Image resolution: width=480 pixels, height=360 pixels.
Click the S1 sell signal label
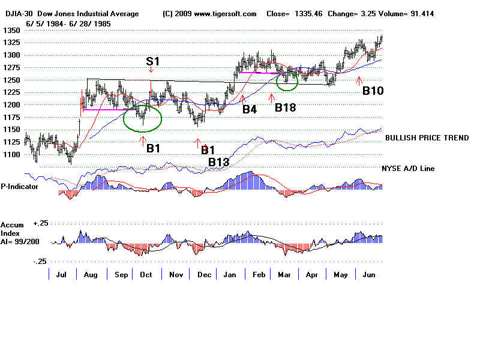pos(154,61)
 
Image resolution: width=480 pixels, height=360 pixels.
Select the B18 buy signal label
pos(286,107)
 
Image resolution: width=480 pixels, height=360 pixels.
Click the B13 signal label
pos(218,162)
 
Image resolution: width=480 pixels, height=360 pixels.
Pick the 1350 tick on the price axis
pos(10,30)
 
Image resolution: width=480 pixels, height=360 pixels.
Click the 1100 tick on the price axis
pos(10,155)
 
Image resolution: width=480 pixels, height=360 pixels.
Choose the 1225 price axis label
pos(10,92)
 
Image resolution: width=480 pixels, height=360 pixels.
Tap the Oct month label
pos(146,274)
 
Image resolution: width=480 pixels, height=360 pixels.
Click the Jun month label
pos(367,274)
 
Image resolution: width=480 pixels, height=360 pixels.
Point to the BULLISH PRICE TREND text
pos(427,138)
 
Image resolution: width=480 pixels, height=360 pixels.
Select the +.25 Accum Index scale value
pos(40,223)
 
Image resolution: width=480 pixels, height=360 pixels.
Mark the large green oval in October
pos(142,118)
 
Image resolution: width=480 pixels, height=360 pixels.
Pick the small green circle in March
pos(287,81)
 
